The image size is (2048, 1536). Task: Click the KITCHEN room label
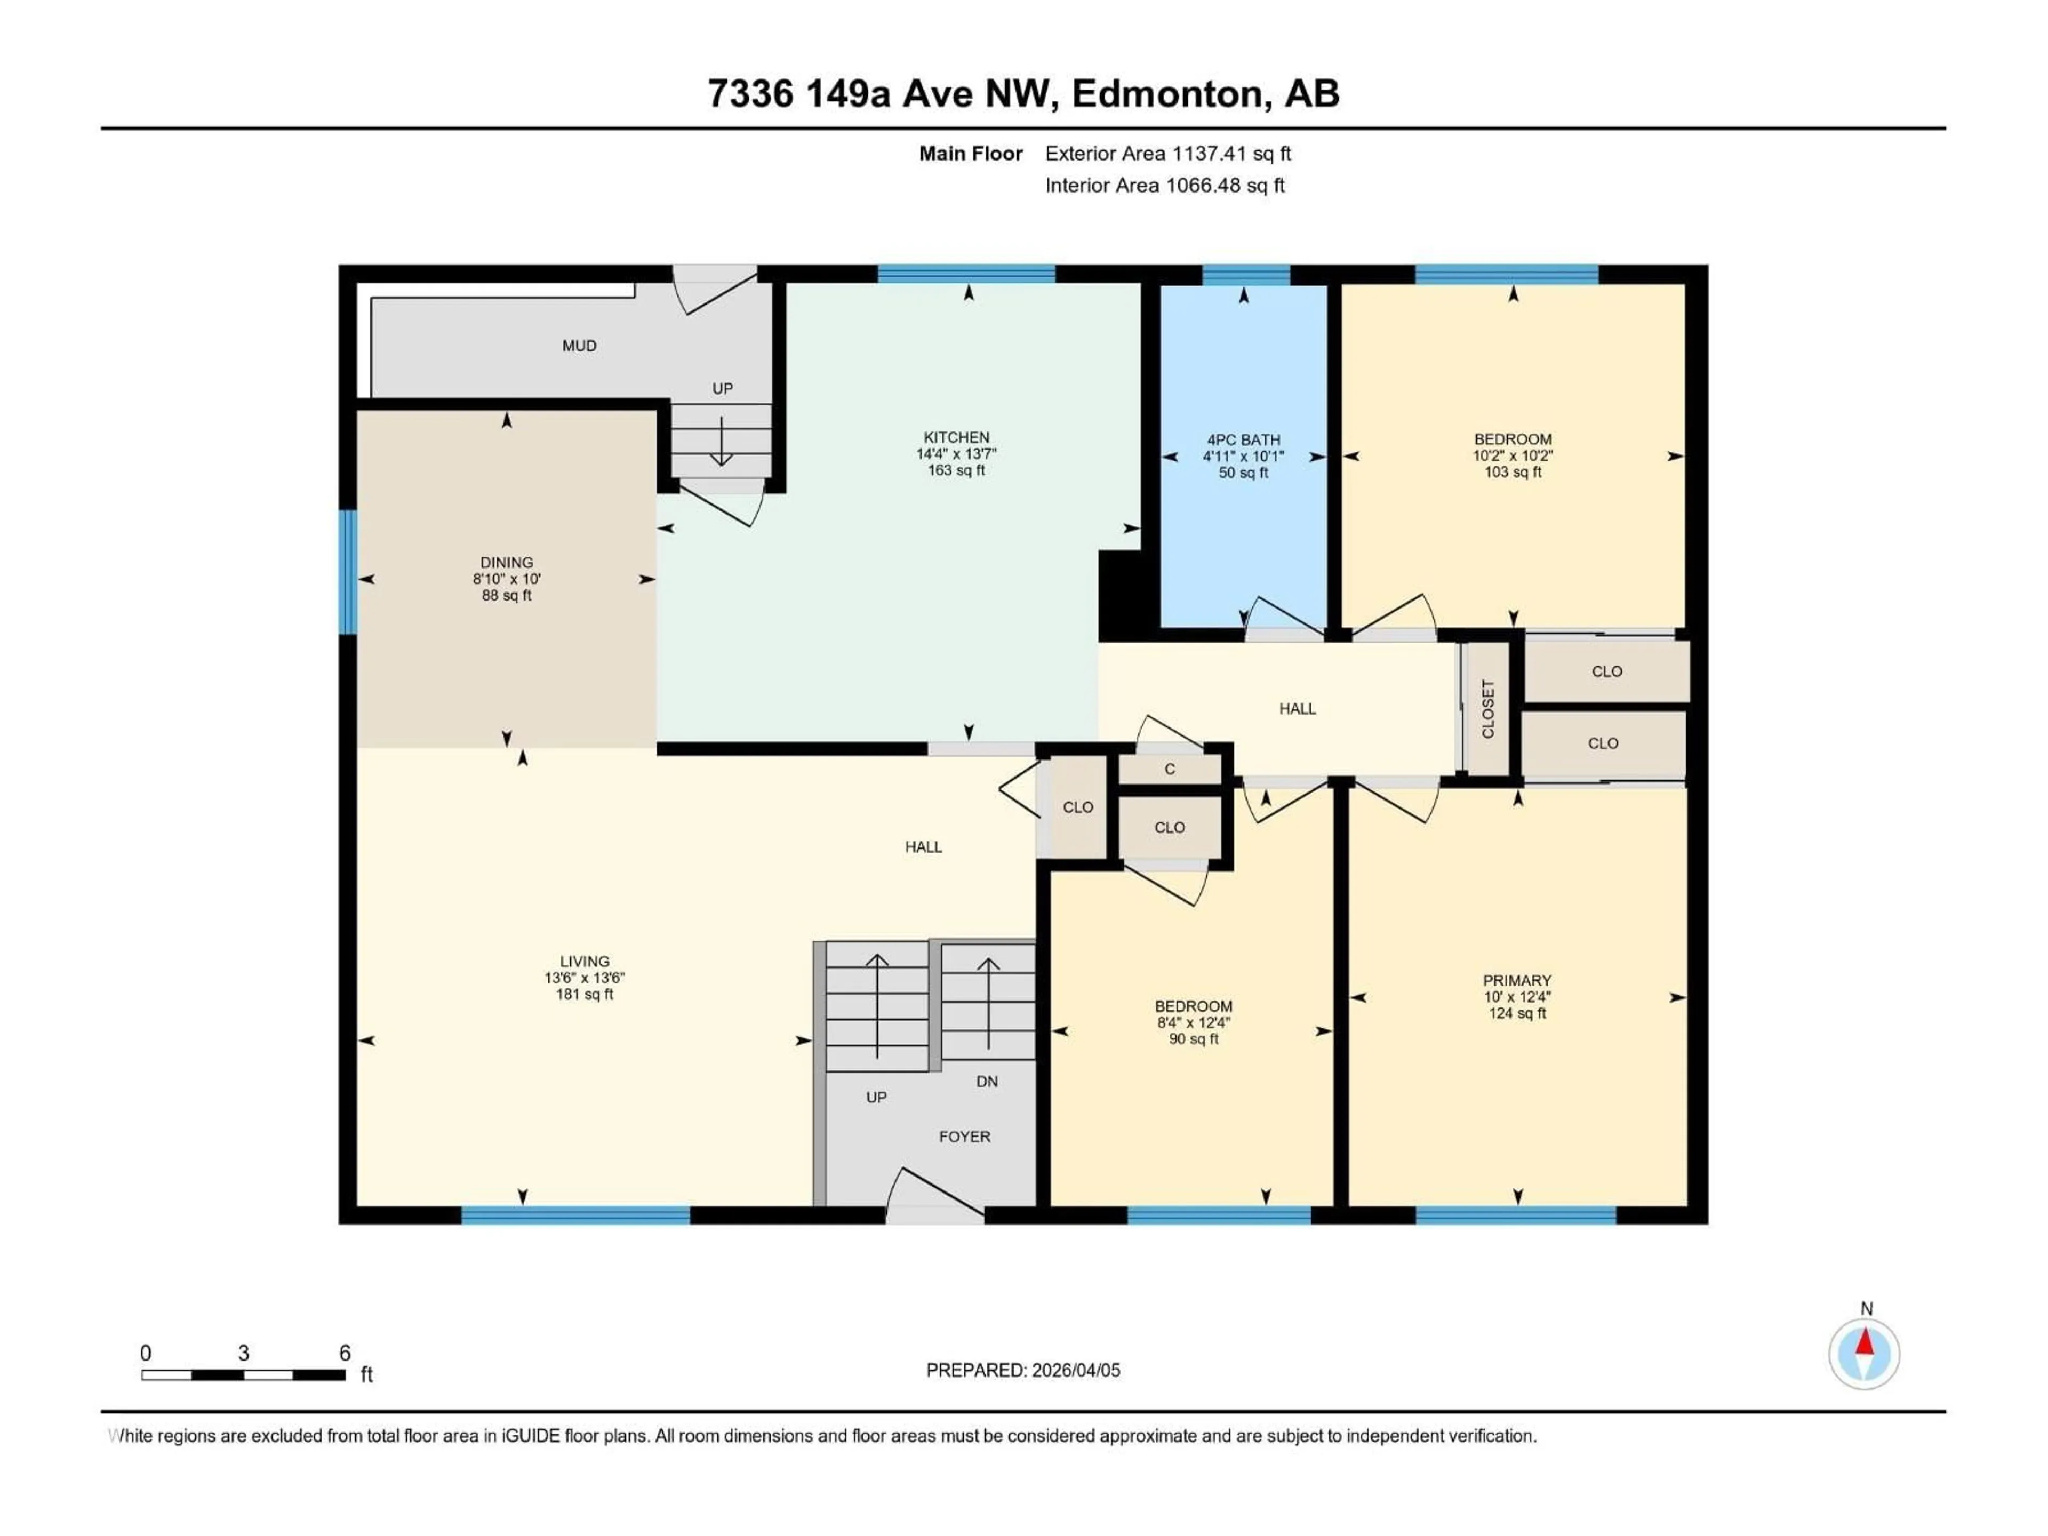tap(956, 437)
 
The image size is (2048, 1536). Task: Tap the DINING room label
tap(507, 562)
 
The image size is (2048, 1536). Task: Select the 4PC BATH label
tap(1243, 440)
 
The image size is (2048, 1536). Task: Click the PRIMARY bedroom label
tap(1517, 980)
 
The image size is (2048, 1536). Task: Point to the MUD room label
tap(580, 346)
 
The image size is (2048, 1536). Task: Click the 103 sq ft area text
tap(1513, 472)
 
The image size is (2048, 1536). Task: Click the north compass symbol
tap(1865, 1355)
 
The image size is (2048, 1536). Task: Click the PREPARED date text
tap(1023, 1370)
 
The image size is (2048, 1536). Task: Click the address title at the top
tap(1023, 93)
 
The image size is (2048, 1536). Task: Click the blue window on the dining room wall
tap(348, 572)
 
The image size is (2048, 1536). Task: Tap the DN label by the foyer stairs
tap(987, 1082)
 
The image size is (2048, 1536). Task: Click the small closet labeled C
tap(1170, 770)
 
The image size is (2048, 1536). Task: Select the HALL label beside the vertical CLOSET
tap(1297, 708)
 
